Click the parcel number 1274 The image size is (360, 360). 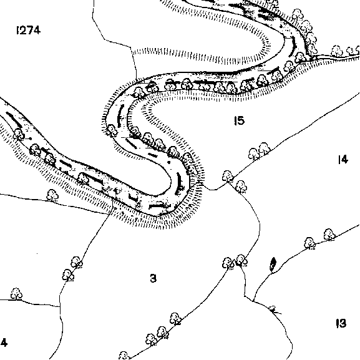[29, 30]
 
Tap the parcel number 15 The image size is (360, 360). [239, 120]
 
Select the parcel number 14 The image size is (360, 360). [343, 159]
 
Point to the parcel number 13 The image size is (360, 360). [341, 323]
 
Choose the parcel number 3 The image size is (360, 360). [153, 278]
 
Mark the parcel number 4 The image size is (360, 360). [4, 343]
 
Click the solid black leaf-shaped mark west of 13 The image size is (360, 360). [273, 263]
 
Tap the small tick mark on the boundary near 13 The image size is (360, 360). [275, 310]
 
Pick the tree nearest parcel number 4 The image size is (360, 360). [16, 294]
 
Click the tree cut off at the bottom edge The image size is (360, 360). [124, 356]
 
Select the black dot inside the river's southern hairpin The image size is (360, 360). [169, 162]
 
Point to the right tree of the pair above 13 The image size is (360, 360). [329, 235]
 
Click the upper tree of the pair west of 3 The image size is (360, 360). [77, 262]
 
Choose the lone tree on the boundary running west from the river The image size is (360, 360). [52, 195]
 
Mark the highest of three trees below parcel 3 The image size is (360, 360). [175, 319]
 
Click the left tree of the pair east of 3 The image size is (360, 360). [228, 263]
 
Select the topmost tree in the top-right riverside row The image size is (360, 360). [298, 15]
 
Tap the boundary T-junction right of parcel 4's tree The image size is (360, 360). [60, 306]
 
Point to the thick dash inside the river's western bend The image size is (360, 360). [120, 115]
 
